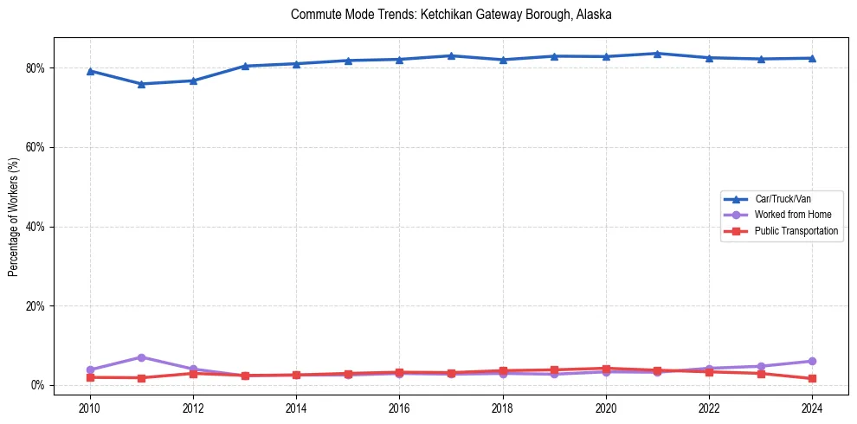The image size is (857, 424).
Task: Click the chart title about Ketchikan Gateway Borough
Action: click(x=451, y=15)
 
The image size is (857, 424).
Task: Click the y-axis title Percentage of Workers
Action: click(x=14, y=216)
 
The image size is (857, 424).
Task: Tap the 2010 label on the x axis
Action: click(x=89, y=407)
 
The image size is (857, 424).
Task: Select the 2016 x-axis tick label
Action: click(x=399, y=407)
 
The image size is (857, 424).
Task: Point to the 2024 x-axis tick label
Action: click(x=812, y=407)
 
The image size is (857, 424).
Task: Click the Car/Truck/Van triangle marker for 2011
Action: click(x=141, y=84)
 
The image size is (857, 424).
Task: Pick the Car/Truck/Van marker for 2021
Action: click(x=657, y=54)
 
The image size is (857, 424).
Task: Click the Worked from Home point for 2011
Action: click(x=141, y=357)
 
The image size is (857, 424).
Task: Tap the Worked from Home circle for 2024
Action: click(x=812, y=361)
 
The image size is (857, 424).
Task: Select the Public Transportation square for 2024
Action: click(x=812, y=379)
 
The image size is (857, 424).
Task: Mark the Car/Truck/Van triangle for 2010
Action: click(x=89, y=71)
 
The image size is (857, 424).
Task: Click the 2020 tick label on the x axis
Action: click(x=606, y=407)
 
